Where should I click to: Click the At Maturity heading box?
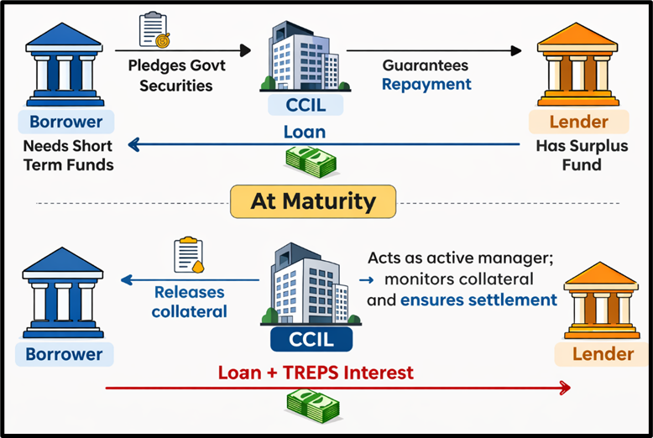tap(312, 201)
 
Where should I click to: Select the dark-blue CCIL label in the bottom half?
tap(312, 340)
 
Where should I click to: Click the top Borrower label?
tap(65, 122)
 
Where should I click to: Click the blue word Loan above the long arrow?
tap(305, 132)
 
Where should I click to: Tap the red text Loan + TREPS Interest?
tap(316, 372)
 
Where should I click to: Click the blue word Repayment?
tap(426, 84)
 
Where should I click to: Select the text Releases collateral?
tap(190, 301)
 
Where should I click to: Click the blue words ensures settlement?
tap(478, 300)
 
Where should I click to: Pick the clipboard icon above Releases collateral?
tap(189, 255)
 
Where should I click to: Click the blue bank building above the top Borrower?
tap(65, 62)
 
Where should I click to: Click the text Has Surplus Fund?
tap(570, 154)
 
